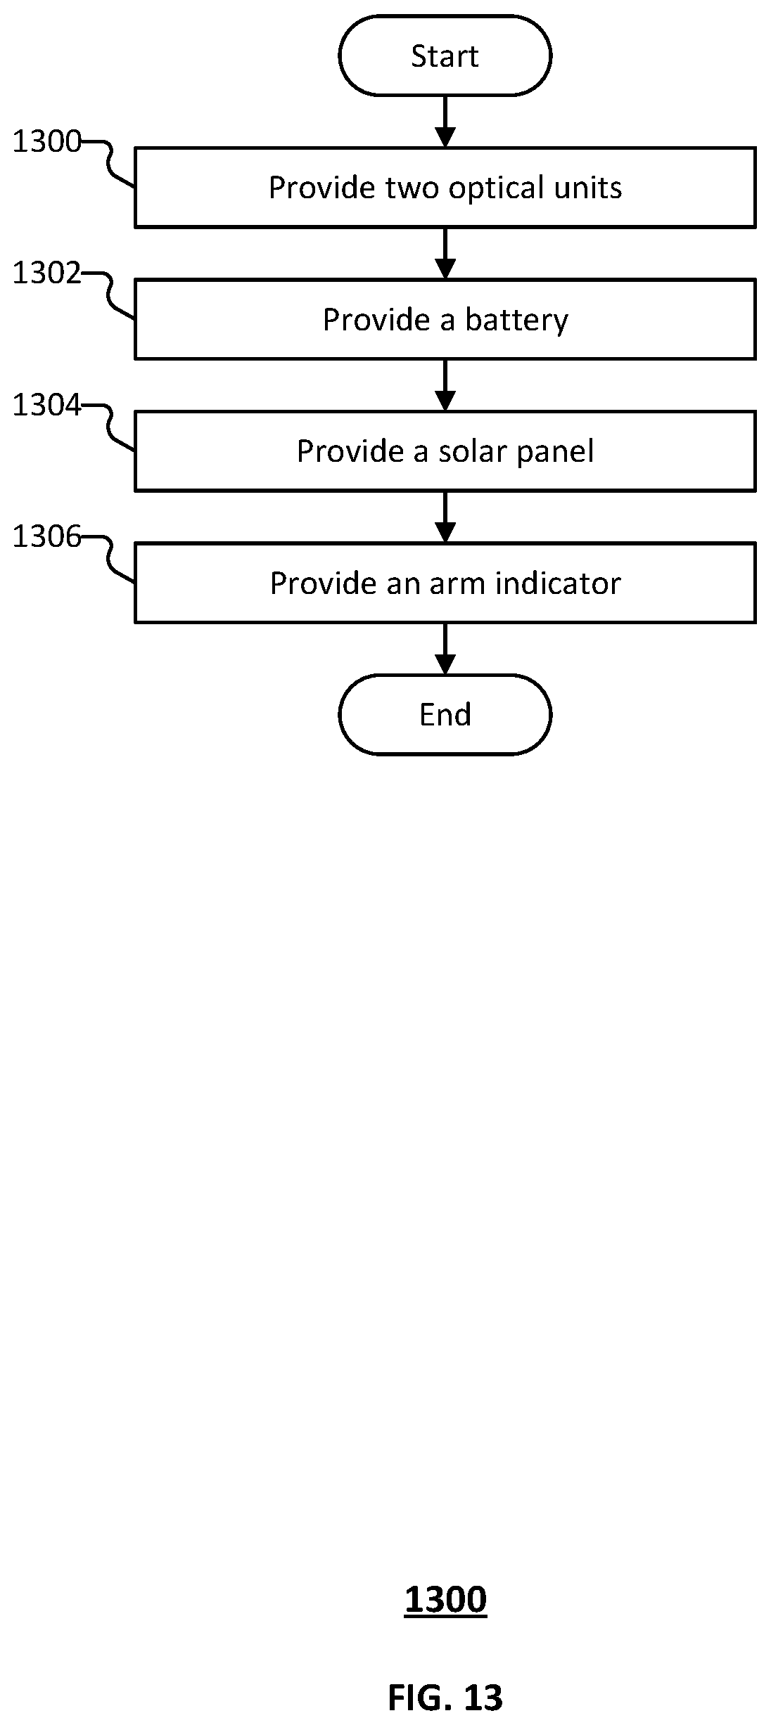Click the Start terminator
[x=445, y=56]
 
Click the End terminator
[x=445, y=714]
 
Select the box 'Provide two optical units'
[x=445, y=188]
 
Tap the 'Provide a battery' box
[x=445, y=319]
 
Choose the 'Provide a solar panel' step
[x=445, y=451]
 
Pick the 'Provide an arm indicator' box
[x=445, y=583]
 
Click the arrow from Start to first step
[x=445, y=122]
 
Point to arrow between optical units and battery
[x=445, y=254]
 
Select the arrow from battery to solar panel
[x=445, y=385]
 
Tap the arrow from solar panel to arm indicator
[x=445, y=517]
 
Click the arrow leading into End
[x=445, y=649]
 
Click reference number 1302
[x=47, y=273]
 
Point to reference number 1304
[x=47, y=405]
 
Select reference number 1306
[x=47, y=537]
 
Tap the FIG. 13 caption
[x=445, y=1697]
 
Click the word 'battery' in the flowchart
[x=516, y=321]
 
